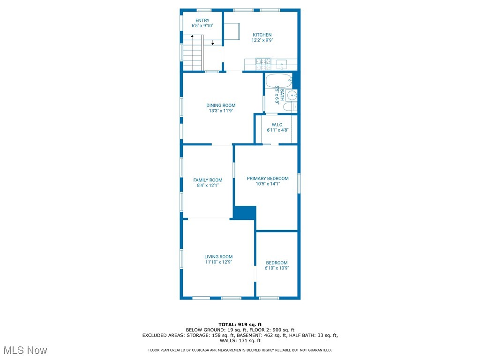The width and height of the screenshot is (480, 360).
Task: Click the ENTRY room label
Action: (202, 21)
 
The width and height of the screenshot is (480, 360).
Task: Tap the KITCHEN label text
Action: (262, 35)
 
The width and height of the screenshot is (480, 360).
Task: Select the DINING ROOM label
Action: (221, 105)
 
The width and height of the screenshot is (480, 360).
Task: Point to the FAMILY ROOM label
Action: (208, 180)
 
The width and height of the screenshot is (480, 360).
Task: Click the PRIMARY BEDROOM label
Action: (268, 179)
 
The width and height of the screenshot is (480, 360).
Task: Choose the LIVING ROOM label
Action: (218, 257)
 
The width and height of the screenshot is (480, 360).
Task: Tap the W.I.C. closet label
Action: (277, 125)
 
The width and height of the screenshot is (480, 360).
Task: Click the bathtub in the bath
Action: (278, 81)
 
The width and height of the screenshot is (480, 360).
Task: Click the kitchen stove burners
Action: (263, 61)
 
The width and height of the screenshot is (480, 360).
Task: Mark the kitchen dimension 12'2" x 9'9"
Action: (262, 40)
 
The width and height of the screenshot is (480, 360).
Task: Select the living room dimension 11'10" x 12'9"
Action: (218, 262)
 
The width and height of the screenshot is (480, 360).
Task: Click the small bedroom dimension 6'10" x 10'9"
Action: (277, 268)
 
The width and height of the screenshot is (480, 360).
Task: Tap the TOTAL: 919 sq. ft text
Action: (240, 324)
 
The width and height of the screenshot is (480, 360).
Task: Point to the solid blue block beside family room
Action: (244, 212)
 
